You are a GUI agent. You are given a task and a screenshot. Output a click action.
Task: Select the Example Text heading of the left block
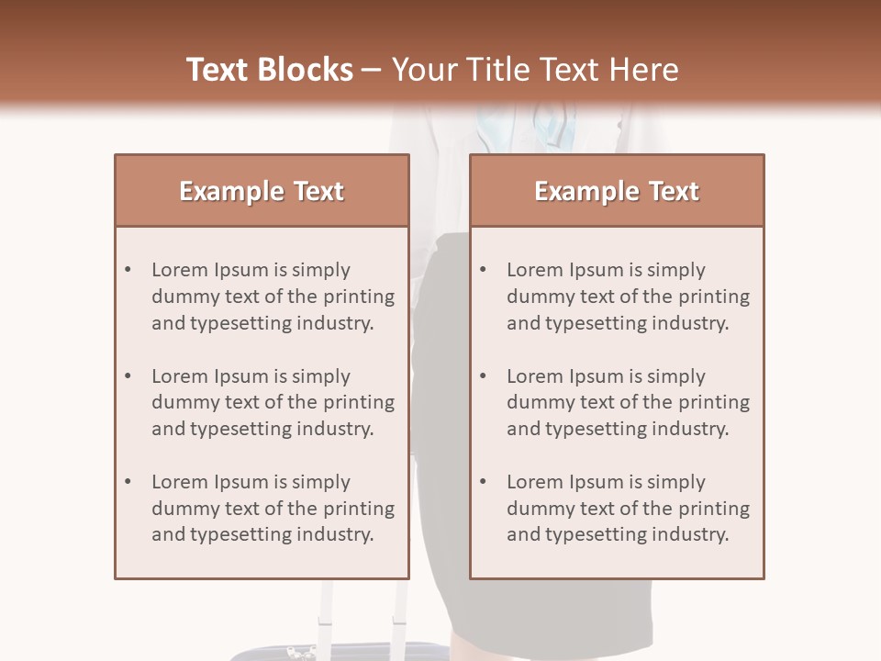pos(262,191)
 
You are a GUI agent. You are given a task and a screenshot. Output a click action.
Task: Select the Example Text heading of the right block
pos(617,191)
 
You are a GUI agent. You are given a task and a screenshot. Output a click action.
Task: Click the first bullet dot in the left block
pos(128,270)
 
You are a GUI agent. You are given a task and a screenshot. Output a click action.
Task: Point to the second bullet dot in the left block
pos(128,375)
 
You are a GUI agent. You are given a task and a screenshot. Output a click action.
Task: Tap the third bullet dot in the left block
pos(128,482)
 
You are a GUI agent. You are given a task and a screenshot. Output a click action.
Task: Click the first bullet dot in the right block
pos(484,270)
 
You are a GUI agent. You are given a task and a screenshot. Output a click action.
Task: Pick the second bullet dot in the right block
pos(484,375)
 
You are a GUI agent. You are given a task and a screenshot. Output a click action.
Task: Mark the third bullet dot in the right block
pos(484,482)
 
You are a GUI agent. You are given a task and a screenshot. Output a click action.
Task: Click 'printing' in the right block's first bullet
pos(714,297)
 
